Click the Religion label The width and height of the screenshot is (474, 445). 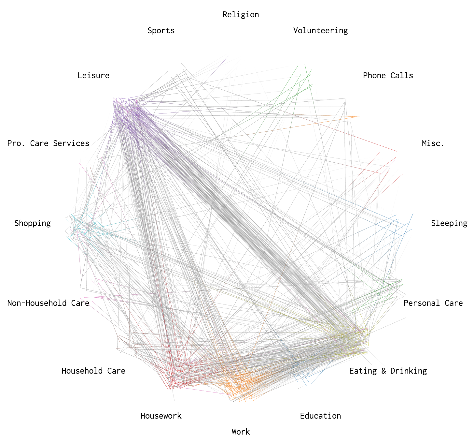pyautogui.click(x=241, y=15)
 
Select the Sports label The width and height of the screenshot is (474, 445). pyautogui.click(x=161, y=31)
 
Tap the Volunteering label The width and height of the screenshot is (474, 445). pyautogui.click(x=320, y=31)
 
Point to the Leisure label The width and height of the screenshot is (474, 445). pyautogui.click(x=93, y=76)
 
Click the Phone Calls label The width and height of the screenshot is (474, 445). pyautogui.click(x=388, y=76)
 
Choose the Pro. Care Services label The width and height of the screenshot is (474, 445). pyautogui.click(x=48, y=143)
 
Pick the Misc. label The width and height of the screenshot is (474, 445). pyautogui.click(x=433, y=143)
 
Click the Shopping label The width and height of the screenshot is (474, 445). pyautogui.click(x=33, y=223)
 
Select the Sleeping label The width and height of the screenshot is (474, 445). pyautogui.click(x=449, y=223)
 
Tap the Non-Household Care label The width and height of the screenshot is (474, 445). pyautogui.click(x=48, y=303)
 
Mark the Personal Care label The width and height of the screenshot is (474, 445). pyautogui.click(x=433, y=303)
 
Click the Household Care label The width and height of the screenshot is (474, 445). pyautogui.click(x=93, y=371)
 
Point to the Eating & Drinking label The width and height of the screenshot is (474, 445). pyautogui.click(x=388, y=371)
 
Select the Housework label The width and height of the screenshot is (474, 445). pyautogui.click(x=161, y=416)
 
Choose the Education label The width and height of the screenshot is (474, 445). pyautogui.click(x=320, y=416)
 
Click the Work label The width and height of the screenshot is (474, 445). pyautogui.click(x=241, y=432)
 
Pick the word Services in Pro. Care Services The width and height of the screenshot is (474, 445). pyautogui.click(x=71, y=143)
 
